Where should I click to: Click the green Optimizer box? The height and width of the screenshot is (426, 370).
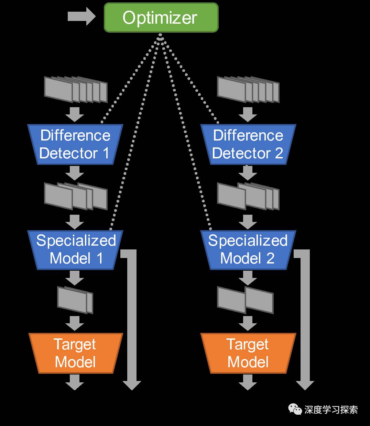click(161, 18)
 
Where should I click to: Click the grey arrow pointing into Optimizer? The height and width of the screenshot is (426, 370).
click(81, 16)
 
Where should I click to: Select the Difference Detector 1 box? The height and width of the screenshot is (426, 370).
click(75, 144)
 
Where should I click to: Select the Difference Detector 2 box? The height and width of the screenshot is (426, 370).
click(248, 144)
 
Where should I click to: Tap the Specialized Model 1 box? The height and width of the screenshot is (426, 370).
click(75, 249)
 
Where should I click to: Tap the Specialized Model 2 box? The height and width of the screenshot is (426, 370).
click(248, 249)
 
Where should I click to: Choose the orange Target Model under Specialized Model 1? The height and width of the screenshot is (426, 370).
click(75, 353)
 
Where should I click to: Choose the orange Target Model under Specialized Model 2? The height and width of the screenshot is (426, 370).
click(248, 353)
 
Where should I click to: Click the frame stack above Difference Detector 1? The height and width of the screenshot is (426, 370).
click(76, 89)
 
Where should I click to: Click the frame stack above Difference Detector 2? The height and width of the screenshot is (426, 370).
click(248, 89)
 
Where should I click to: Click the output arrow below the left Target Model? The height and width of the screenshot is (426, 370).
click(75, 382)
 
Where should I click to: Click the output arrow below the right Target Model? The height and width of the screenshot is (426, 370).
click(248, 382)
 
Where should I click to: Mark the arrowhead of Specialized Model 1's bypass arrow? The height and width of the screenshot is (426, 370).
click(132, 385)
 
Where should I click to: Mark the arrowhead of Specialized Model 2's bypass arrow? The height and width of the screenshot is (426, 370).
click(305, 385)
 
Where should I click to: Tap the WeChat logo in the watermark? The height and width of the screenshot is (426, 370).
click(295, 409)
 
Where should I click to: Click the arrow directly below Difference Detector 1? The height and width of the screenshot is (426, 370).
click(75, 173)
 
